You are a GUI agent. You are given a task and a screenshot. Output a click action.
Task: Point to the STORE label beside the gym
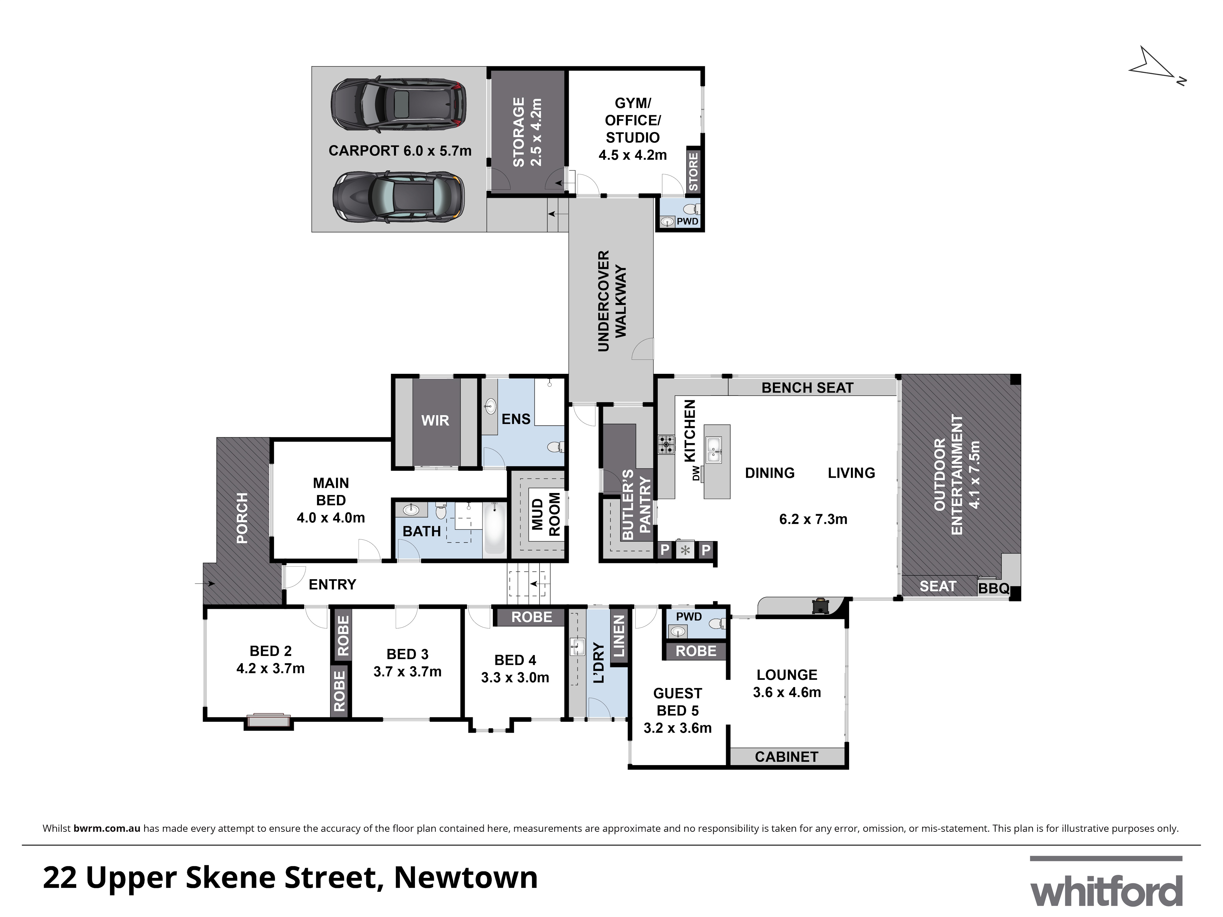[x=693, y=171]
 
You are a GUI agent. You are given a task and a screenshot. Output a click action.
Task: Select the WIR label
[x=435, y=421]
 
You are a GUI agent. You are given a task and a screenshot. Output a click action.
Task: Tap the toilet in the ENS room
[x=555, y=447]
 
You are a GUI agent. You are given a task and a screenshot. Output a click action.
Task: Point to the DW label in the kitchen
[x=696, y=473]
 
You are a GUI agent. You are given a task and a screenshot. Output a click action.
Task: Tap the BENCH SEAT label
[x=807, y=388]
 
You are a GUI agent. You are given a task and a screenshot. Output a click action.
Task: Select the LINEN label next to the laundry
[x=619, y=636]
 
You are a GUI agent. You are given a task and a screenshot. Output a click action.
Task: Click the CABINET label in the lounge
[x=786, y=757]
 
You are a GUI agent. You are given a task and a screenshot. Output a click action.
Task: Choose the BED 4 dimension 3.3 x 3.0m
[x=515, y=678]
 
